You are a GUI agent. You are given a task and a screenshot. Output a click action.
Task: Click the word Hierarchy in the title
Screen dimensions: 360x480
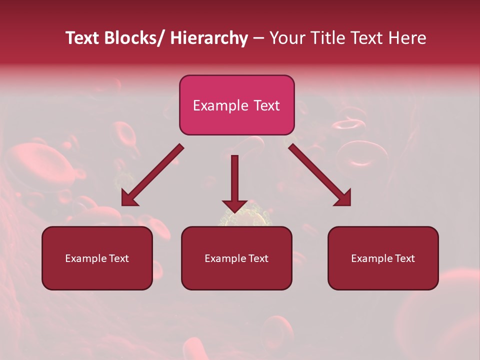tap(209, 38)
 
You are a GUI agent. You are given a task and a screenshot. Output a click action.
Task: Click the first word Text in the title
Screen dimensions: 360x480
tap(82, 38)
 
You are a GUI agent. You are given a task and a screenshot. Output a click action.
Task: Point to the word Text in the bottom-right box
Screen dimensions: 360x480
tap(403, 258)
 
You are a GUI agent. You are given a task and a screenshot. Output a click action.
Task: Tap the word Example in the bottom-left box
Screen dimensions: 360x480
tap(86, 258)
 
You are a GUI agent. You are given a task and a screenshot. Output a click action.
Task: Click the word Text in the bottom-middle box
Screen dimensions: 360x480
tap(257, 258)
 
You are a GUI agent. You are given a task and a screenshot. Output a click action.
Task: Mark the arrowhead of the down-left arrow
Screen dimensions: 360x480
tap(129, 198)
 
